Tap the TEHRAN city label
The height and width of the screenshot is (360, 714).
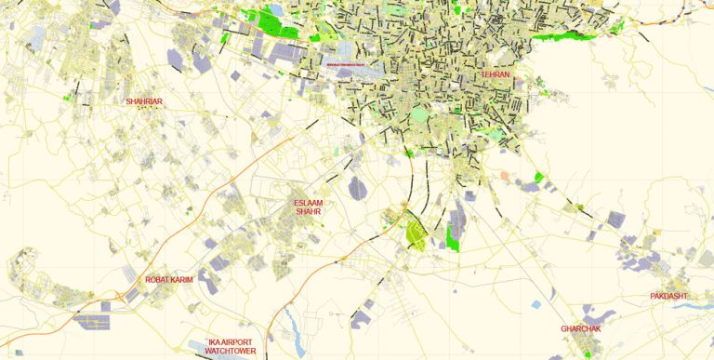[x=495, y=74]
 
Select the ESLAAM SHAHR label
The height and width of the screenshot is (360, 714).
[x=308, y=207]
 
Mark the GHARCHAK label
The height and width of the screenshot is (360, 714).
[x=583, y=328]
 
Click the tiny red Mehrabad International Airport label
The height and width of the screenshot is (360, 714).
[x=348, y=64]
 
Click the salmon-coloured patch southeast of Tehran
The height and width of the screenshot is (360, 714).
[x=505, y=175]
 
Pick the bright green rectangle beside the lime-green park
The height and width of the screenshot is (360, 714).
[x=453, y=240]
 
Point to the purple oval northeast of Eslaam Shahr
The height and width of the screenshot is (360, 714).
[x=358, y=189]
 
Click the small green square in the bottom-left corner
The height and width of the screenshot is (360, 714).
[x=18, y=353]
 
